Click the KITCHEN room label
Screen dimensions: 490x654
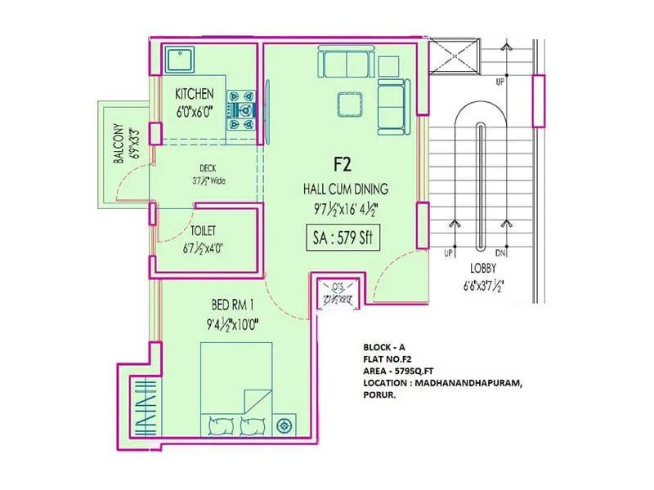click(x=195, y=94)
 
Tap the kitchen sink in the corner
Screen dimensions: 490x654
click(x=178, y=60)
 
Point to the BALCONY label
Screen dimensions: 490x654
click(x=119, y=145)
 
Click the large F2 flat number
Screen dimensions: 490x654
click(x=341, y=164)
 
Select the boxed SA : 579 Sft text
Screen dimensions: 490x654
click(x=340, y=238)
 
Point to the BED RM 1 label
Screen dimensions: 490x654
click(x=234, y=305)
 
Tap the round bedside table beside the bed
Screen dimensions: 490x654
click(x=284, y=425)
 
